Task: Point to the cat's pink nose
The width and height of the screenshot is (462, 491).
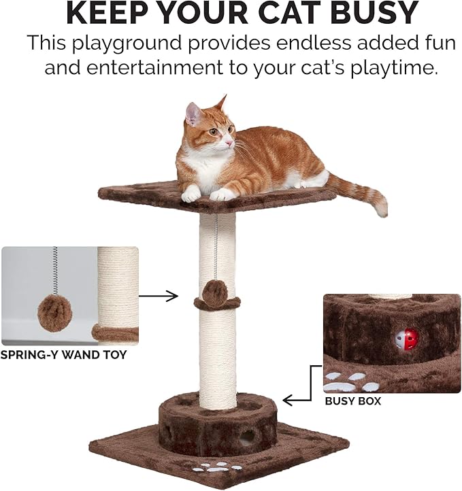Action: coord(229,143)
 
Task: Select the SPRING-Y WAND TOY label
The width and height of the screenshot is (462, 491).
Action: coord(63,354)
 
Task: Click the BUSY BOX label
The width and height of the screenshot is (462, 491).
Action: coord(352,401)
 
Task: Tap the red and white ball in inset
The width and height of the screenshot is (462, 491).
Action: coord(406,338)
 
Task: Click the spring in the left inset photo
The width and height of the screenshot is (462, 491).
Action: coord(54,270)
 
